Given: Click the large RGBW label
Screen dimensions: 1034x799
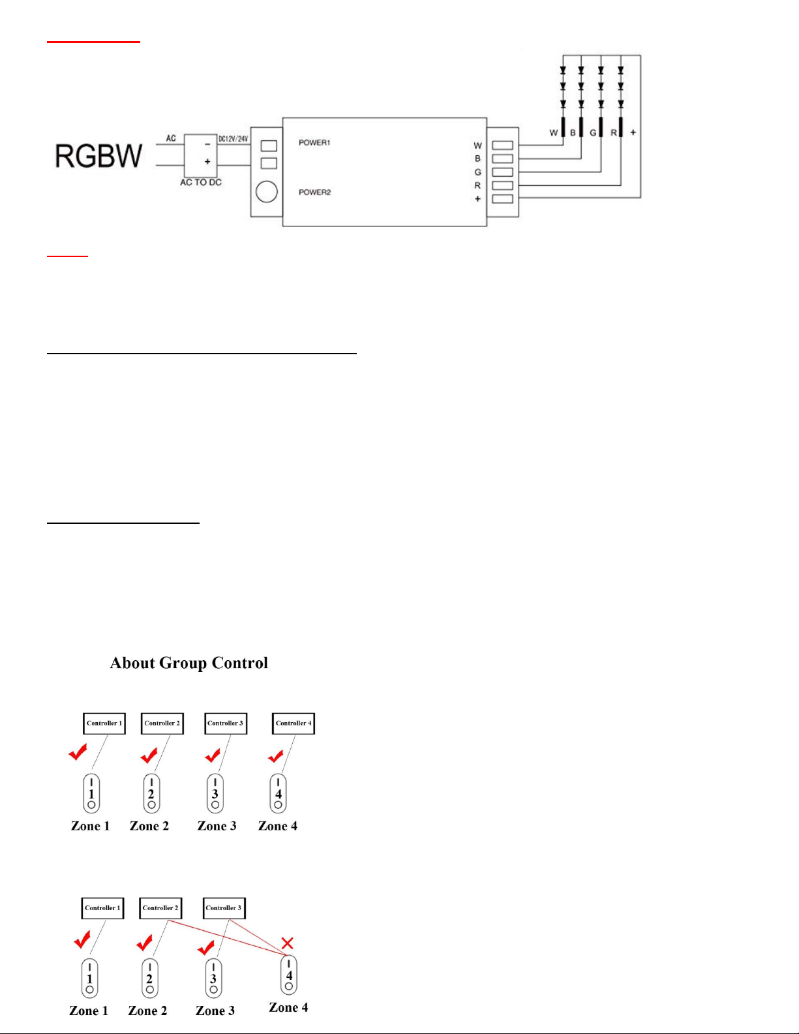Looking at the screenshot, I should click(98, 156).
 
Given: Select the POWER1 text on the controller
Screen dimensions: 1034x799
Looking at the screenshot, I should click(314, 142).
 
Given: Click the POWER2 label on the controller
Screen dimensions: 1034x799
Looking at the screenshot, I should click(314, 192).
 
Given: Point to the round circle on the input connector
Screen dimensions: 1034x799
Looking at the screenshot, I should click(267, 192).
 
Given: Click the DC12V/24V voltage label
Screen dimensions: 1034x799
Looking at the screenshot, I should click(233, 139).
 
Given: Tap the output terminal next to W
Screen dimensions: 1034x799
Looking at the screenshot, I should click(502, 145).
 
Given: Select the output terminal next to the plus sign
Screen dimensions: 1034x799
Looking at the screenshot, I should click(502, 199).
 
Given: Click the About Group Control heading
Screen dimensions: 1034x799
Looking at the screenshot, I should click(189, 663).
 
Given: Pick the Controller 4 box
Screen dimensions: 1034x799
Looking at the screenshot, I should click(294, 723).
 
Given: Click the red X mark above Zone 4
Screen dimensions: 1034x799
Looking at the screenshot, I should click(288, 943).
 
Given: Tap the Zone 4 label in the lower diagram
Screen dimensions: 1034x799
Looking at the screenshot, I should click(288, 1007).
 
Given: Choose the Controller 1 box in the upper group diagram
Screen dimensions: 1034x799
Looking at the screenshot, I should click(104, 723).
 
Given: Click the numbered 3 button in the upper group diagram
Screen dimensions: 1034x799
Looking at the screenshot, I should click(215, 793).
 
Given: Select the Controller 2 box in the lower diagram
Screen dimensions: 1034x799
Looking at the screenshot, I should click(160, 908).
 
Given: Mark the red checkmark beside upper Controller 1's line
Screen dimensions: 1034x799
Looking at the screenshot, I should click(78, 753).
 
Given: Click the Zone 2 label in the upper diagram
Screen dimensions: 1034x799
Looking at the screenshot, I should click(149, 826).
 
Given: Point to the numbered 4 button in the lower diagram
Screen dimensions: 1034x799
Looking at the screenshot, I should click(289, 975).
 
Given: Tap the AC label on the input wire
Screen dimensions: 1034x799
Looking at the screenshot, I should click(171, 138).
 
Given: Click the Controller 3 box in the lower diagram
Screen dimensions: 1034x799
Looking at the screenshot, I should click(224, 908).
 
